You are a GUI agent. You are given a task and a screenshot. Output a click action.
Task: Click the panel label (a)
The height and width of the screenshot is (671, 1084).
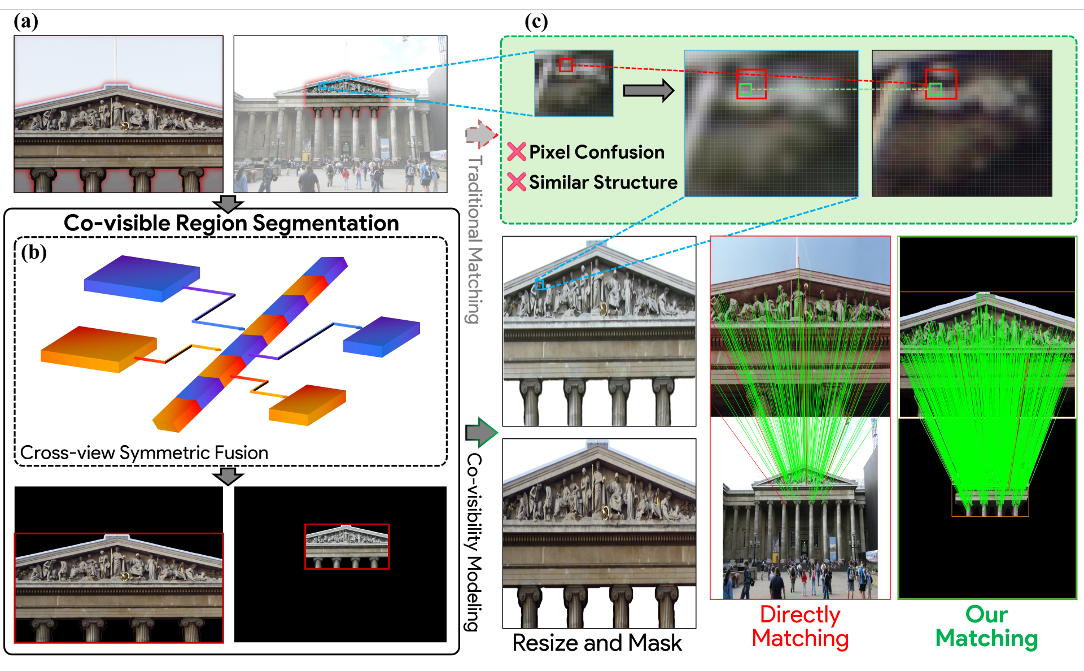[26, 22]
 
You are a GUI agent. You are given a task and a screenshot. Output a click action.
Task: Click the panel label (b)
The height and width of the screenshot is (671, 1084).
[34, 252]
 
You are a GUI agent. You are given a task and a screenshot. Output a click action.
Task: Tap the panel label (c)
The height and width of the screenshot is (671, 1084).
[536, 22]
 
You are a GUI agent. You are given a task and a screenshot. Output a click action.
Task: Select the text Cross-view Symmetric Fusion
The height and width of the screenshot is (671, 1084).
[144, 453]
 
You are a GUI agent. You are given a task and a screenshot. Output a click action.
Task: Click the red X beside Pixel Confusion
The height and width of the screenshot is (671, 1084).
[516, 152]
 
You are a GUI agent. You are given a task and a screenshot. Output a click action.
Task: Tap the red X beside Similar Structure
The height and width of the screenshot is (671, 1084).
[516, 182]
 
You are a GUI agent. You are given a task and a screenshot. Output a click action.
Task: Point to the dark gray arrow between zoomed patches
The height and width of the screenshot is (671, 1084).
[648, 90]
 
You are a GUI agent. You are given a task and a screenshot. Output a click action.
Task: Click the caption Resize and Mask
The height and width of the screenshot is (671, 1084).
[597, 643]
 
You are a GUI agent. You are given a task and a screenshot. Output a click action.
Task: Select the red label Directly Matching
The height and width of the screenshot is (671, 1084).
[800, 626]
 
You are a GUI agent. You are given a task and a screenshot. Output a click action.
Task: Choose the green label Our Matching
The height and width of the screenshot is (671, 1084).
[986, 626]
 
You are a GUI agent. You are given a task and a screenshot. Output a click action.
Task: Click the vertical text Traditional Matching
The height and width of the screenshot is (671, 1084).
[475, 239]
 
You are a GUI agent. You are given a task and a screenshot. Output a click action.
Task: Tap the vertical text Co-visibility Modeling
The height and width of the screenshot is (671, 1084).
[474, 542]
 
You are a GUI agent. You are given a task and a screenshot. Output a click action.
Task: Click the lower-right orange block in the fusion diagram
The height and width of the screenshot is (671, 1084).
[307, 405]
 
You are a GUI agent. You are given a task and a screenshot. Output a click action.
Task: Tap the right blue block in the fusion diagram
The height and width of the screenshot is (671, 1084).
[382, 336]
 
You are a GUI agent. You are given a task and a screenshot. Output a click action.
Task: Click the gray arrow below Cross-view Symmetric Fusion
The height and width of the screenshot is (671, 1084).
[228, 476]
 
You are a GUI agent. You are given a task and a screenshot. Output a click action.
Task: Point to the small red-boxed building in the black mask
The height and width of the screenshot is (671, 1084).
[347, 546]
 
